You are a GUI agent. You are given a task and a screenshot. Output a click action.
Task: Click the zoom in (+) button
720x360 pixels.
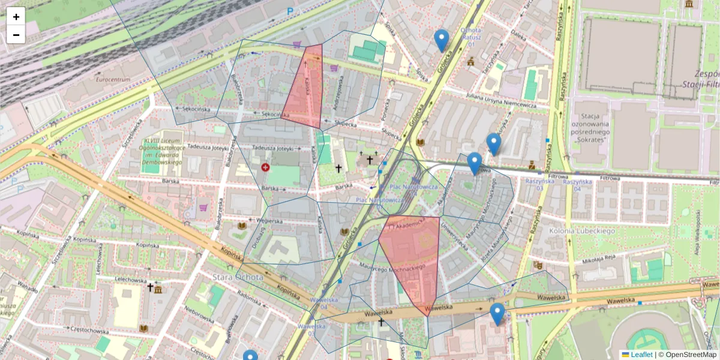[16, 17]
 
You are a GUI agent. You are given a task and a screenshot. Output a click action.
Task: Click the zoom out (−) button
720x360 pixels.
[16, 35]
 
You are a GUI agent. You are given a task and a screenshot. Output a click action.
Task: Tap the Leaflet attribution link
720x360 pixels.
[641, 355]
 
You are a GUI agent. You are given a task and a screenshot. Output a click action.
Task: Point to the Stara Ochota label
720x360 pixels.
[238, 277]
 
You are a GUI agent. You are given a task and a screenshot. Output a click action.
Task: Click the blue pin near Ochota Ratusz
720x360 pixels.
[442, 40]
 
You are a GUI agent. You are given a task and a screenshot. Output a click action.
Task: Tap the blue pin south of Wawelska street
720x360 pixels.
[497, 313]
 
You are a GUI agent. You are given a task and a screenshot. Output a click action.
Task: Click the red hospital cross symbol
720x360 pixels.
[265, 167]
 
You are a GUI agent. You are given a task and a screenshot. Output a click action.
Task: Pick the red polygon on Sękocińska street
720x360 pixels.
[305, 90]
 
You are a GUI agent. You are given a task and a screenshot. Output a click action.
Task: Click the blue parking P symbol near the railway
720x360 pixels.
[290, 11]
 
